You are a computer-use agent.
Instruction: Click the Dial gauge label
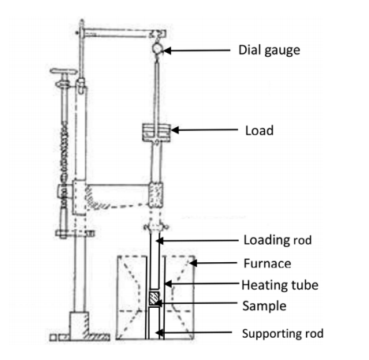269,51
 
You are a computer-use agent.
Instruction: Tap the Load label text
259,130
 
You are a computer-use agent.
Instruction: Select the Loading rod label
278,240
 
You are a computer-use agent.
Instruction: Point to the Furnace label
267,264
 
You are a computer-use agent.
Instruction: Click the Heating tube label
280,285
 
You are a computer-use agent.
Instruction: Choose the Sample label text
264,306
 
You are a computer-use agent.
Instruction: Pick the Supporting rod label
282,334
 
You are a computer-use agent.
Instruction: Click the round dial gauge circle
157,48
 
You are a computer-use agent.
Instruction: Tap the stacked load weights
157,133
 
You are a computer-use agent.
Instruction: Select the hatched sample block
154,298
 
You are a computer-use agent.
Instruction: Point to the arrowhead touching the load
175,130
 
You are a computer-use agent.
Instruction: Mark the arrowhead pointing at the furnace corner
193,263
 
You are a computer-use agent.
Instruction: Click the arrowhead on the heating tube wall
168,283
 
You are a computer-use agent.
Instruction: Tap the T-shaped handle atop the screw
64,71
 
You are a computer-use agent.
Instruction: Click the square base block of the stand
79,325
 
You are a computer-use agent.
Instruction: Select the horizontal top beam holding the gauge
123,34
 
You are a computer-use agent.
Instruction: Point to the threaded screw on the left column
64,152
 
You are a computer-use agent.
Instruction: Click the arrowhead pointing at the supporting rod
159,332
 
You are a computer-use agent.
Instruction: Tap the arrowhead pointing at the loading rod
160,241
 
